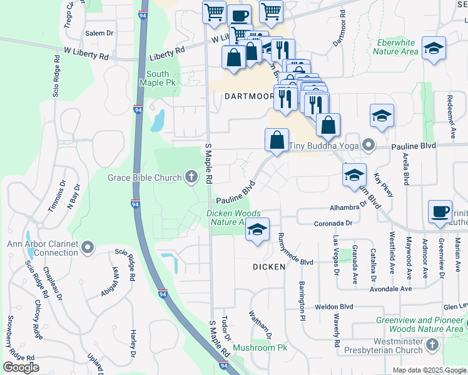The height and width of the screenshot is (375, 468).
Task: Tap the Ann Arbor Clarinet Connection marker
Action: [88, 248]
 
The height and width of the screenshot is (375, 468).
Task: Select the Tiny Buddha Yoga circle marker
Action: [369, 146]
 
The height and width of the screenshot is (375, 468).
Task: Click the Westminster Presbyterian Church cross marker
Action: [432, 346]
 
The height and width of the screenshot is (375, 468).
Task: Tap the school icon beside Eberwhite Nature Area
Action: [433, 49]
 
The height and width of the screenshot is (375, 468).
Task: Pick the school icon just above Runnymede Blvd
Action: [257, 229]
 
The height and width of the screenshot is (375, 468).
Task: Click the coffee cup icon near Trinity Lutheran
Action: [439, 211]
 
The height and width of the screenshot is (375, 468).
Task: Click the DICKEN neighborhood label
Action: [269, 267]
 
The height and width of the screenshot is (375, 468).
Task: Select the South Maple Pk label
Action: [154, 78]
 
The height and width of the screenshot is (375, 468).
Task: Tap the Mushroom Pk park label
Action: [260, 347]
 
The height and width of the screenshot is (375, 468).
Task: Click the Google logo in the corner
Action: [21, 367]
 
